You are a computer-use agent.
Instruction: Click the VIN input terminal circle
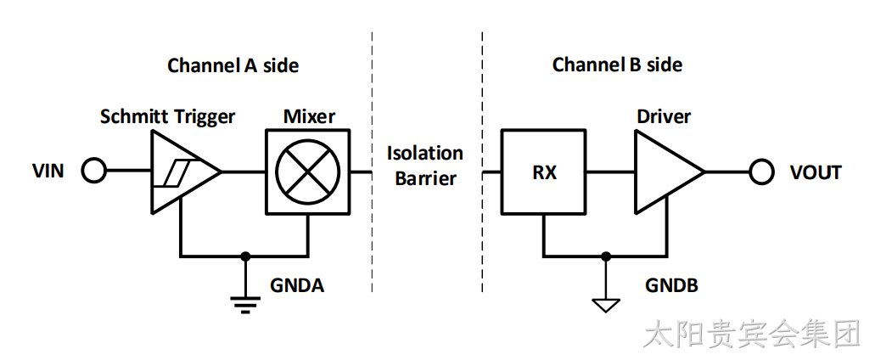coord(93,171)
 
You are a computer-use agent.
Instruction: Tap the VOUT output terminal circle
coord(761,172)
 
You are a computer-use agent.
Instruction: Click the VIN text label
coord(48,172)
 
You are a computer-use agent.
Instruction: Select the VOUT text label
coord(816,172)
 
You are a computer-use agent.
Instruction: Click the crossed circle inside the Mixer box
coord(308,172)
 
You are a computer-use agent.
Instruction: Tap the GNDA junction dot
coord(244,256)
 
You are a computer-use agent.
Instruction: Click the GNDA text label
coord(297,285)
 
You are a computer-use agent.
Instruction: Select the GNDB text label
coord(671,285)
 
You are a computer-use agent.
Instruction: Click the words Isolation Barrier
coord(425,166)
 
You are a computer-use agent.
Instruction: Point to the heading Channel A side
coord(233,65)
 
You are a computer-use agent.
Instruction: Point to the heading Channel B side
coord(617,65)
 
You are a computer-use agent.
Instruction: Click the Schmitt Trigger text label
coord(167,117)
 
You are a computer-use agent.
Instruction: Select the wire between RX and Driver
coord(610,172)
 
